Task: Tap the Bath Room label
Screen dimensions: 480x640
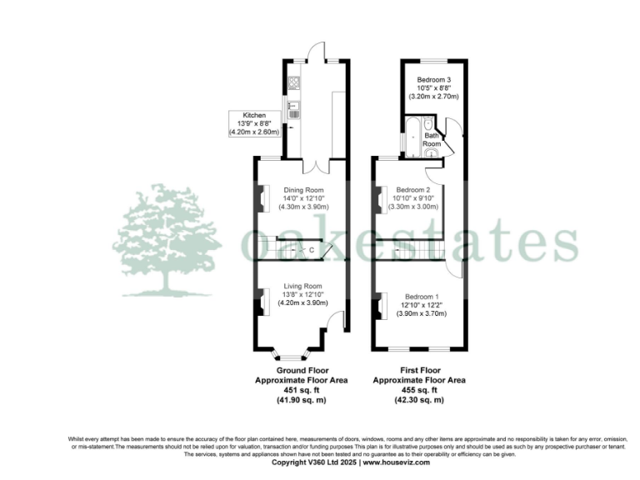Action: click(x=432, y=139)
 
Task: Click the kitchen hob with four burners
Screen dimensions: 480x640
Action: click(x=292, y=83)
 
